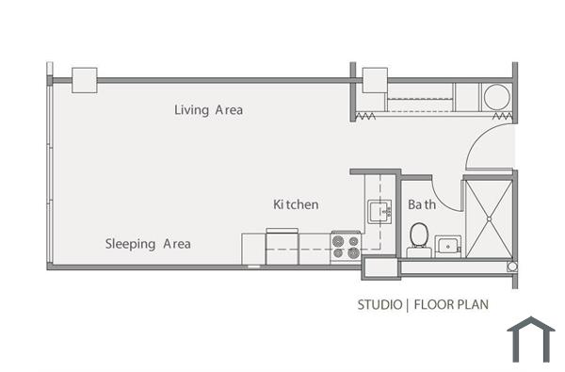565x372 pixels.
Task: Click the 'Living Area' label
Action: [x=208, y=110]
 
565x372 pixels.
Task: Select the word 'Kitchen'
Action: [x=296, y=204]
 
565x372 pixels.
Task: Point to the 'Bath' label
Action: [x=421, y=204]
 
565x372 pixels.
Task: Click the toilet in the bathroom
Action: [x=418, y=235]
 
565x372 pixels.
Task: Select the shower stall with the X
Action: [x=489, y=218]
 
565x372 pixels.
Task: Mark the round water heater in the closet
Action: [x=495, y=97]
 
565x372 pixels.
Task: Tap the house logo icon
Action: [x=531, y=339]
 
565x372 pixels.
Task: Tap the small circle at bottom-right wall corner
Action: [x=512, y=267]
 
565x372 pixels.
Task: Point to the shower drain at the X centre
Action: [x=489, y=218]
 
